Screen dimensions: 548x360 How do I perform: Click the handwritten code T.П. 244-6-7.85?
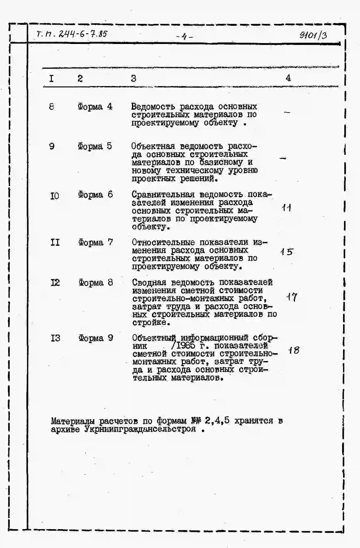click(72, 34)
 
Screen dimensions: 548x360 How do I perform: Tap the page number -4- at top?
click(184, 37)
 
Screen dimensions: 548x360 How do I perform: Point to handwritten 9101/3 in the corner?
click(313, 35)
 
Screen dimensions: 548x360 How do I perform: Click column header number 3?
click(134, 78)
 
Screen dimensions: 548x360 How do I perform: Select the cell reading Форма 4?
click(95, 107)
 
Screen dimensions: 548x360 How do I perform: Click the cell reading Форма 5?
click(95, 146)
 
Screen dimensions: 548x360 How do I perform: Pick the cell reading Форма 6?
click(95, 195)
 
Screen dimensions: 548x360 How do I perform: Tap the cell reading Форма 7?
click(95, 243)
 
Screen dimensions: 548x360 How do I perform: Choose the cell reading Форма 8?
click(95, 282)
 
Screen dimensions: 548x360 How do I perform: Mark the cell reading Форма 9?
click(95, 338)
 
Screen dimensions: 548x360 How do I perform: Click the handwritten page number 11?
click(286, 208)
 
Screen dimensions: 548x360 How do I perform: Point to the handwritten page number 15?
click(286, 252)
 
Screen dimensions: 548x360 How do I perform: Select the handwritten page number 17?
click(292, 297)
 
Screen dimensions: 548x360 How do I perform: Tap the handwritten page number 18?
click(294, 350)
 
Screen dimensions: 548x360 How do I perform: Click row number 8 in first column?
click(52, 107)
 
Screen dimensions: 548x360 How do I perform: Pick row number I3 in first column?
click(55, 338)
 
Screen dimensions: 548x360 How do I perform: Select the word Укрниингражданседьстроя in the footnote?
click(140, 429)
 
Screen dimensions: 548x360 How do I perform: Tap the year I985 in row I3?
click(186, 346)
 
